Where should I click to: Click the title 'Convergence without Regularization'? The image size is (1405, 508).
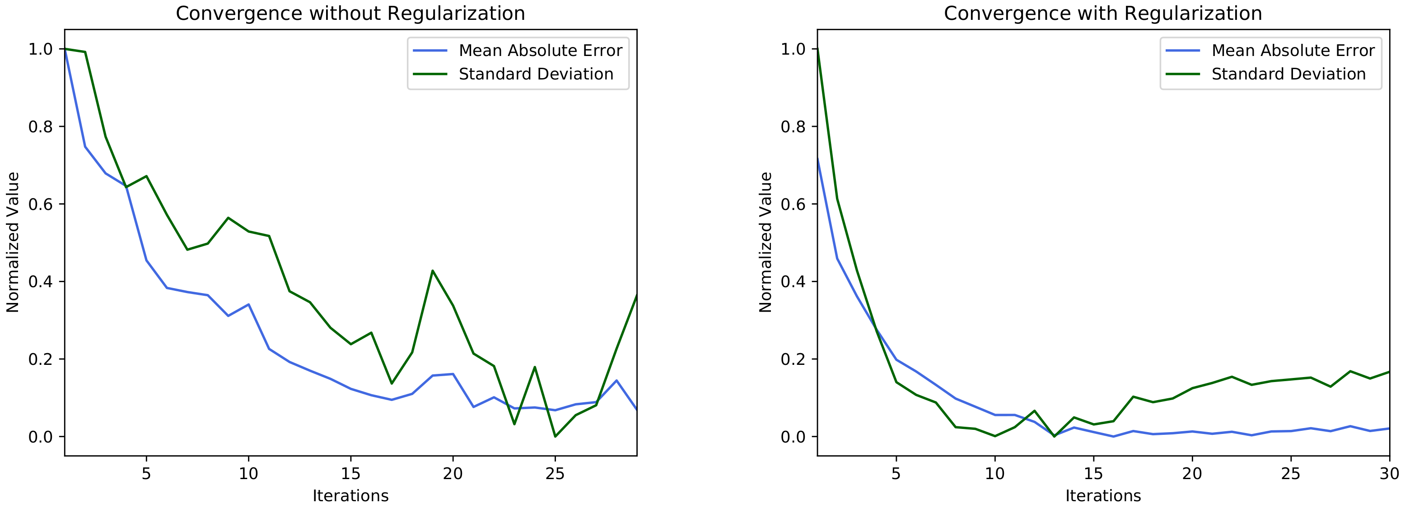click(350, 14)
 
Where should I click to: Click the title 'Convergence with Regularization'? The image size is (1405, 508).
click(1103, 14)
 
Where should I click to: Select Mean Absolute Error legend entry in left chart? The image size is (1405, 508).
click(540, 51)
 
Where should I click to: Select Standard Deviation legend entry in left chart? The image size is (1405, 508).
click(536, 74)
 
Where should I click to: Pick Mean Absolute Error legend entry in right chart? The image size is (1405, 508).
click(1293, 51)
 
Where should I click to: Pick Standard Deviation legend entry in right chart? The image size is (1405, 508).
click(1288, 74)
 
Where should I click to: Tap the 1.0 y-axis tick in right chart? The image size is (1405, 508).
click(793, 49)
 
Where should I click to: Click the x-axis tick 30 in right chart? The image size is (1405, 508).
click(1389, 473)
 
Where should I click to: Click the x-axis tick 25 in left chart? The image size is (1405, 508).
click(555, 473)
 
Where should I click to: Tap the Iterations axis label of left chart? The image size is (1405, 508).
click(350, 495)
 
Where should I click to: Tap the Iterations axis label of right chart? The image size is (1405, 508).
click(1103, 495)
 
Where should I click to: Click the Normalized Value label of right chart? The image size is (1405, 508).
click(766, 242)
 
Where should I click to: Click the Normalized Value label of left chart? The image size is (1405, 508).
click(13, 242)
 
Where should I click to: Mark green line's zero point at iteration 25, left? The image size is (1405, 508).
click(555, 436)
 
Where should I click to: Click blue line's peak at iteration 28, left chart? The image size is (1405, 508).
click(616, 381)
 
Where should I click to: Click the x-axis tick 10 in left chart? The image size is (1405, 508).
click(248, 473)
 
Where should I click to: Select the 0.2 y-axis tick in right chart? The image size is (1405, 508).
click(793, 359)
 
